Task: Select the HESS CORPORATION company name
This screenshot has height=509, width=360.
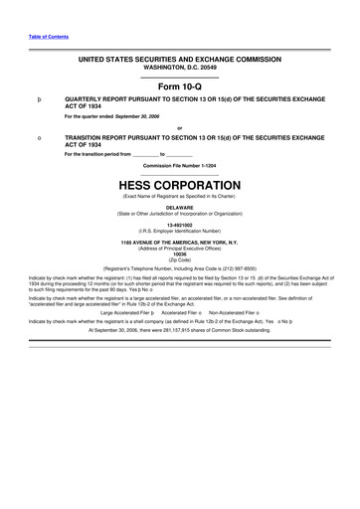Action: tap(180, 185)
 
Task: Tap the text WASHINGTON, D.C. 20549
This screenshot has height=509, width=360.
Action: tap(180, 68)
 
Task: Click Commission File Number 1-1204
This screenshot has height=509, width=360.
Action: tap(180, 165)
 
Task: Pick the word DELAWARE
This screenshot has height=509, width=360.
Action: tap(180, 208)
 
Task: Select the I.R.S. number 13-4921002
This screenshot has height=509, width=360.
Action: tap(180, 225)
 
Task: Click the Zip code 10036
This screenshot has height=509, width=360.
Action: tap(180, 254)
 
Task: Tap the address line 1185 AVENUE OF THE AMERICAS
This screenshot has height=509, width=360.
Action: tap(180, 242)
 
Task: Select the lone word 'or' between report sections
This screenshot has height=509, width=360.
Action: tap(180, 127)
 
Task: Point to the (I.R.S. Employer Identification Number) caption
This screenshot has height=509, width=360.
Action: tap(180, 231)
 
